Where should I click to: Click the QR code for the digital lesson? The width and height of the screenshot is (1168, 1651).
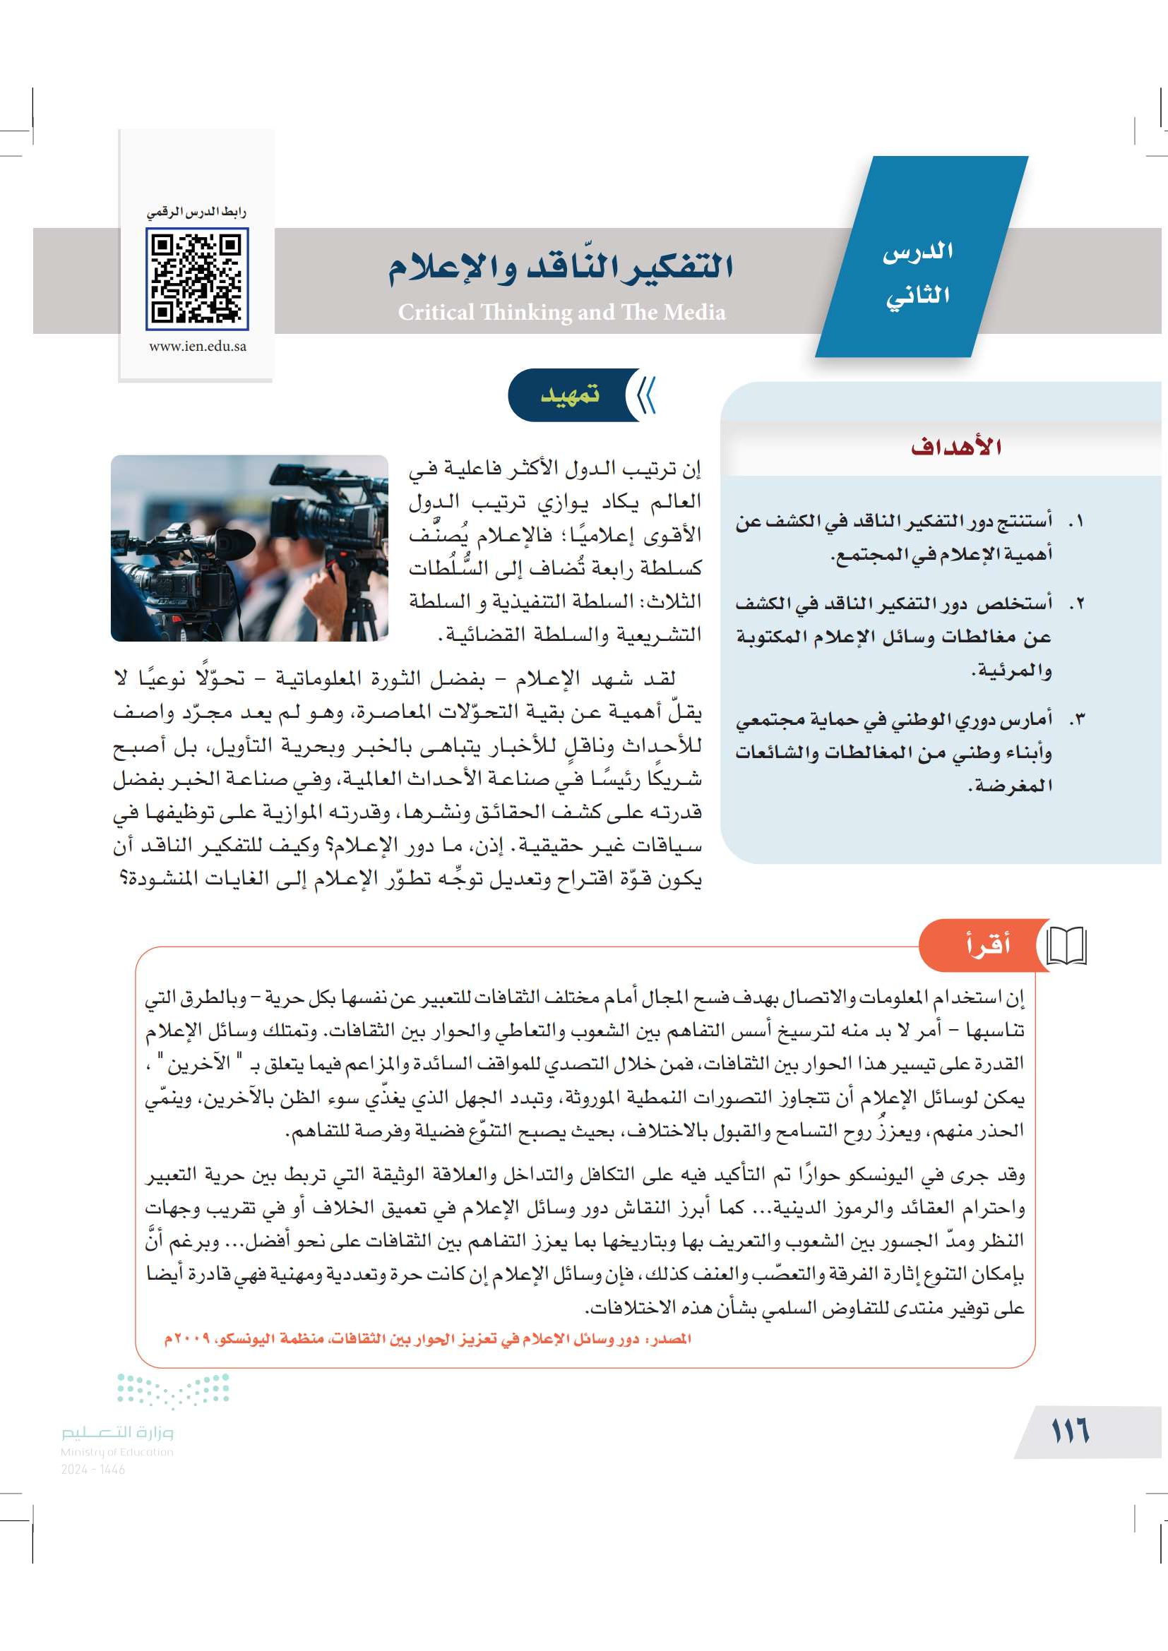click(x=196, y=278)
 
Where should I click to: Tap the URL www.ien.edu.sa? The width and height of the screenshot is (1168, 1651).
click(x=197, y=346)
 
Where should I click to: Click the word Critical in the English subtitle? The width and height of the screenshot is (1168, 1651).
click(x=436, y=312)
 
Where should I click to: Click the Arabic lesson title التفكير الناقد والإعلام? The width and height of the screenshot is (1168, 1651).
click(x=561, y=268)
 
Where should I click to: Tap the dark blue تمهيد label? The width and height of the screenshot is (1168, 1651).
click(x=570, y=395)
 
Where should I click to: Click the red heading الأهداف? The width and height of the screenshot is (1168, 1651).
click(x=956, y=447)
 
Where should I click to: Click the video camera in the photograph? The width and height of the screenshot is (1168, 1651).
click(x=180, y=553)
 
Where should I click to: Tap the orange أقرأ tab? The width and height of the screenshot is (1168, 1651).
click(x=987, y=944)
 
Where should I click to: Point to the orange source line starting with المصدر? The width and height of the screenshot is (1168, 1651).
click(x=427, y=1339)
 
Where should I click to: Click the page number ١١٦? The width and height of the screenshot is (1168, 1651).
click(x=1070, y=1431)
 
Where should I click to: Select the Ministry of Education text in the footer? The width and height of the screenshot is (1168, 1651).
click(x=117, y=1452)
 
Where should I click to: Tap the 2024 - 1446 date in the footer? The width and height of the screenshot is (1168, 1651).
click(x=93, y=1469)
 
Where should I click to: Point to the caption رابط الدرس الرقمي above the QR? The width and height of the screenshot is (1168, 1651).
click(x=196, y=212)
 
